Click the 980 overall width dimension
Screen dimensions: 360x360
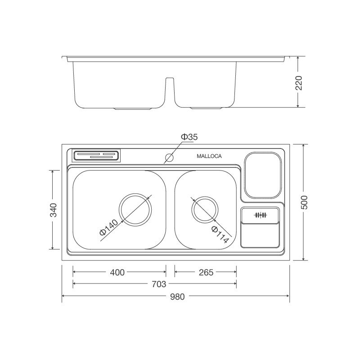[x=177, y=297]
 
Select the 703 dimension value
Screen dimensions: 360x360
[x=159, y=284]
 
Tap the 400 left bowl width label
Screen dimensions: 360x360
[x=117, y=272]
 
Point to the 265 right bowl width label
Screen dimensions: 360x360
[x=206, y=272]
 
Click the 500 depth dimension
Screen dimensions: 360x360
[x=304, y=202]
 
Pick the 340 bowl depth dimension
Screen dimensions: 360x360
[x=54, y=210]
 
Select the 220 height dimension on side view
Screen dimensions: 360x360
[x=299, y=83]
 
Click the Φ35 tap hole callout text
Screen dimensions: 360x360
[x=189, y=137]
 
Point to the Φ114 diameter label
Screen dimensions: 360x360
[x=220, y=234]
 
